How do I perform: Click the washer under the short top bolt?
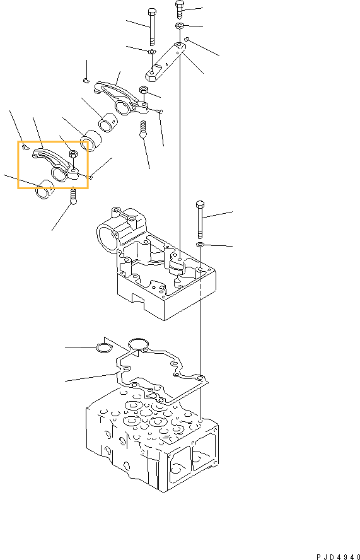[180, 26]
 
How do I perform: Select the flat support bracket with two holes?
[166, 63]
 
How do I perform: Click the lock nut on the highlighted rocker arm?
[73, 154]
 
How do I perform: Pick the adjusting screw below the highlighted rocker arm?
[73, 197]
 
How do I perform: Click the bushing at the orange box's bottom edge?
[46, 189]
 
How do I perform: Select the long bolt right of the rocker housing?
[200, 218]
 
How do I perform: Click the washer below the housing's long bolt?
[200, 244]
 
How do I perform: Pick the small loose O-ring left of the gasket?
[103, 347]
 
